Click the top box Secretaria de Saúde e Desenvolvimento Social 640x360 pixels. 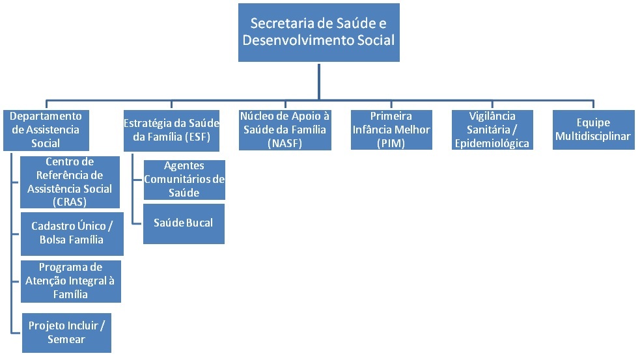coord(318,32)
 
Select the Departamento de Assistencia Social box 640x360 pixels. coord(46,130)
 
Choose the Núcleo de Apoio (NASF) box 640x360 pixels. coord(285,130)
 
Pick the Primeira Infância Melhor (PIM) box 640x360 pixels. coord(391,130)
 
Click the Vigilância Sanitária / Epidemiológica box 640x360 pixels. coord(492,130)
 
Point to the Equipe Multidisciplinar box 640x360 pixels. coord(593,130)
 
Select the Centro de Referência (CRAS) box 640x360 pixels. coord(70,182)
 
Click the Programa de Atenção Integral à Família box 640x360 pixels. coord(70,281)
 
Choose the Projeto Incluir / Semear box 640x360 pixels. coord(66,332)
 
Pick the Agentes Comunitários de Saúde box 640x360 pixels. coord(184,180)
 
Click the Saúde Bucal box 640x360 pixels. coord(184,223)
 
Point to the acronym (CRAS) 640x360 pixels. coord(70,202)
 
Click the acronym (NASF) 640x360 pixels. coord(285,143)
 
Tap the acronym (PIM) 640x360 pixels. coord(391,143)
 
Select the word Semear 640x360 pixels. coord(66,339)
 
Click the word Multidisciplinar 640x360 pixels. coord(593,137)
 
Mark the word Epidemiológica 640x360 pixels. coord(493,143)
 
